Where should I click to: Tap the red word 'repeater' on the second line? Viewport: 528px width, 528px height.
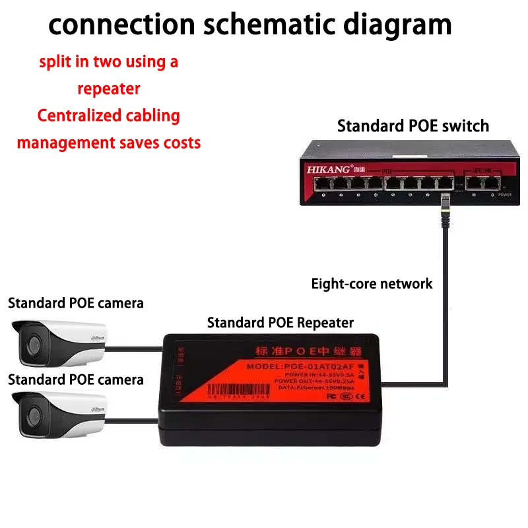click(108, 88)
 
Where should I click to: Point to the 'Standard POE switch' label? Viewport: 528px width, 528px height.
click(413, 125)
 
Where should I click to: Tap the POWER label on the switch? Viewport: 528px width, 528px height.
click(505, 195)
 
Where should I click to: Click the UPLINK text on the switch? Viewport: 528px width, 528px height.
click(480, 170)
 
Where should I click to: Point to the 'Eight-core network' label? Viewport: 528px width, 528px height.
click(372, 284)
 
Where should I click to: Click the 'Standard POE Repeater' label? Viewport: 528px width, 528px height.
click(280, 323)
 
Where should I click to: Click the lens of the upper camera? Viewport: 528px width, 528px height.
click(30, 341)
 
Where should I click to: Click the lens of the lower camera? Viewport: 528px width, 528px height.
click(30, 414)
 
